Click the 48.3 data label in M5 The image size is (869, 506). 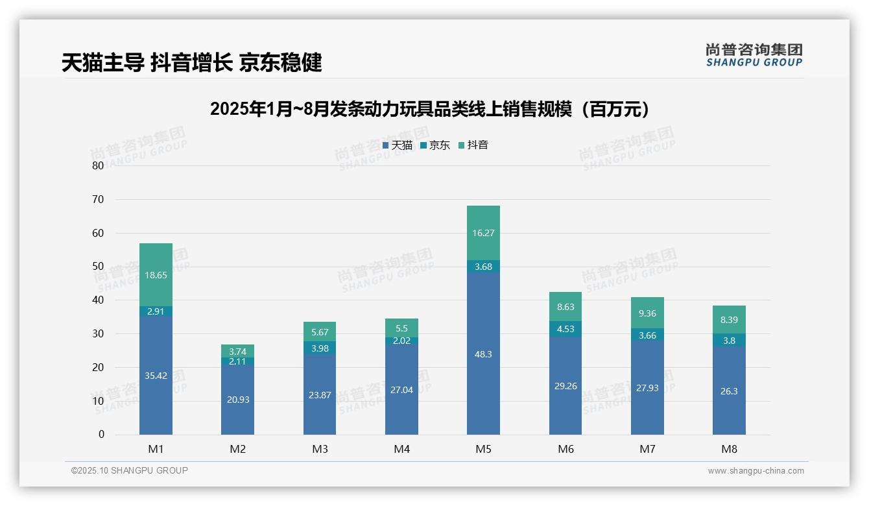(483, 354)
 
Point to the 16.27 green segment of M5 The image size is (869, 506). (483, 233)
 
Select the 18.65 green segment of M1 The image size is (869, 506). (156, 275)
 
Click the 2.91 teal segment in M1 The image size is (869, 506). (156, 311)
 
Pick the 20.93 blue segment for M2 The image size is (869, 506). (237, 400)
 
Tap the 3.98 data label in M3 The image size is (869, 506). (320, 348)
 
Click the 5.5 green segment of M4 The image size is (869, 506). (401, 328)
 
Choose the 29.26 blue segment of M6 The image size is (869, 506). (565, 386)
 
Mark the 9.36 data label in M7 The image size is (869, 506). (647, 313)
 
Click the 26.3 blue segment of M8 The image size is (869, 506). (729, 391)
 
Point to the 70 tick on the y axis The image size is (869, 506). (98, 199)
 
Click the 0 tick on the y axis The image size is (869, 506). (101, 435)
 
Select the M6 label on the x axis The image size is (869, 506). (565, 449)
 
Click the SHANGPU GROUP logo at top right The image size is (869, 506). (754, 55)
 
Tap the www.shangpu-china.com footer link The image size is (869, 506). (756, 471)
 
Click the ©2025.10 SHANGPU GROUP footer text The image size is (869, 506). (130, 471)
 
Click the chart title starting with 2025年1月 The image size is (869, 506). (430, 109)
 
